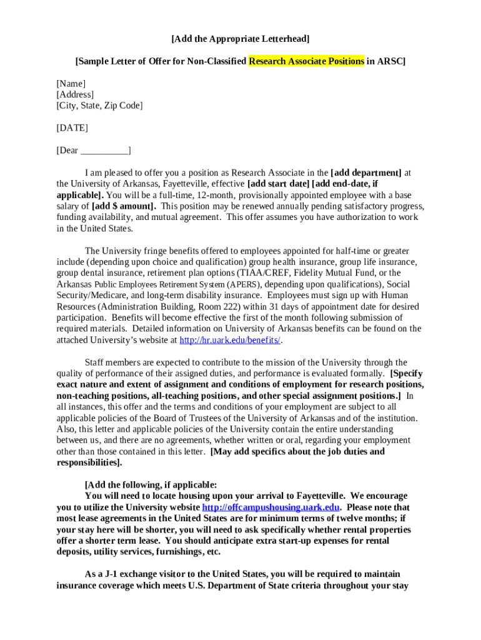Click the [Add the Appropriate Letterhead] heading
tap(241, 39)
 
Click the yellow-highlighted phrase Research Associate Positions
tap(306, 61)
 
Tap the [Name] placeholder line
tap(71, 84)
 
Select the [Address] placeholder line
tap(75, 94)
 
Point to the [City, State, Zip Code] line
tap(99, 106)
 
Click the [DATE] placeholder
tap(72, 128)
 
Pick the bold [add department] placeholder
tap(365, 172)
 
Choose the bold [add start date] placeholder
tap(278, 184)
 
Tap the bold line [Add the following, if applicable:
tap(151, 485)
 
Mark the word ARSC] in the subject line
tap(392, 61)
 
